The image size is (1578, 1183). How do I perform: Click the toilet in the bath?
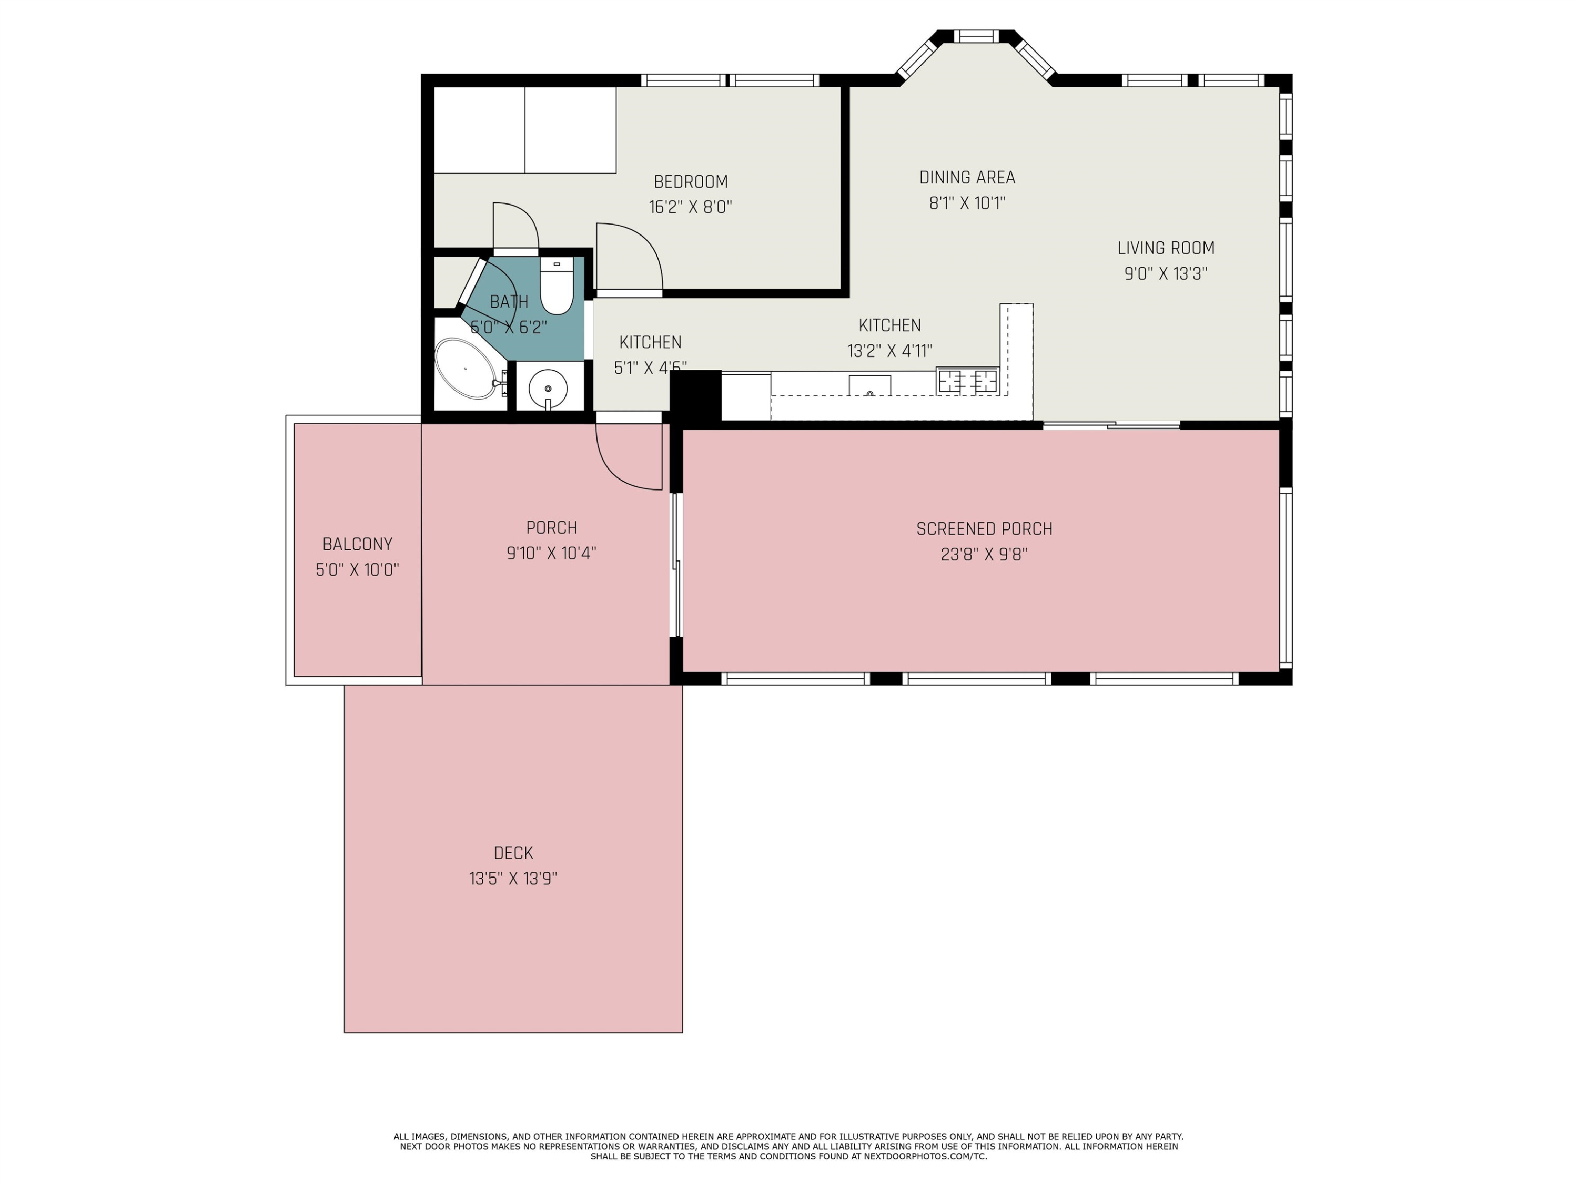[x=557, y=285]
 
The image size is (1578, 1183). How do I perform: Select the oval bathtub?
[x=465, y=369]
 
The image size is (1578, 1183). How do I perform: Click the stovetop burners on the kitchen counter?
[x=967, y=381]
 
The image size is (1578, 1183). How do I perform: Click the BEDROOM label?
[x=691, y=182]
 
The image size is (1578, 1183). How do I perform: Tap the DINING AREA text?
[x=967, y=178]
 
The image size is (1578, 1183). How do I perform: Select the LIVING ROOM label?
[x=1166, y=248]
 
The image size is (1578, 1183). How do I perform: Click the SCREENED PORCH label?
[x=985, y=529]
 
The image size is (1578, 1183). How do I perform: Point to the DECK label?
[x=513, y=853]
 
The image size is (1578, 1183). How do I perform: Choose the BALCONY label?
[x=357, y=544]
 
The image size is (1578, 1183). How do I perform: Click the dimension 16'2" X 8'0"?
[x=691, y=207]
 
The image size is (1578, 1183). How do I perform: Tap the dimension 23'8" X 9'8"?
[x=985, y=554]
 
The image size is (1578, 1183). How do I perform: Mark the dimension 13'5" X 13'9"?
[x=513, y=878]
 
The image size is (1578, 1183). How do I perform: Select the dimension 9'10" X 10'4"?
[x=551, y=553]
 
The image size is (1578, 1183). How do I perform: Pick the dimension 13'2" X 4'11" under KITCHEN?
[x=889, y=350]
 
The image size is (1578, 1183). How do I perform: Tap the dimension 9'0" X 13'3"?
[x=1166, y=273]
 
